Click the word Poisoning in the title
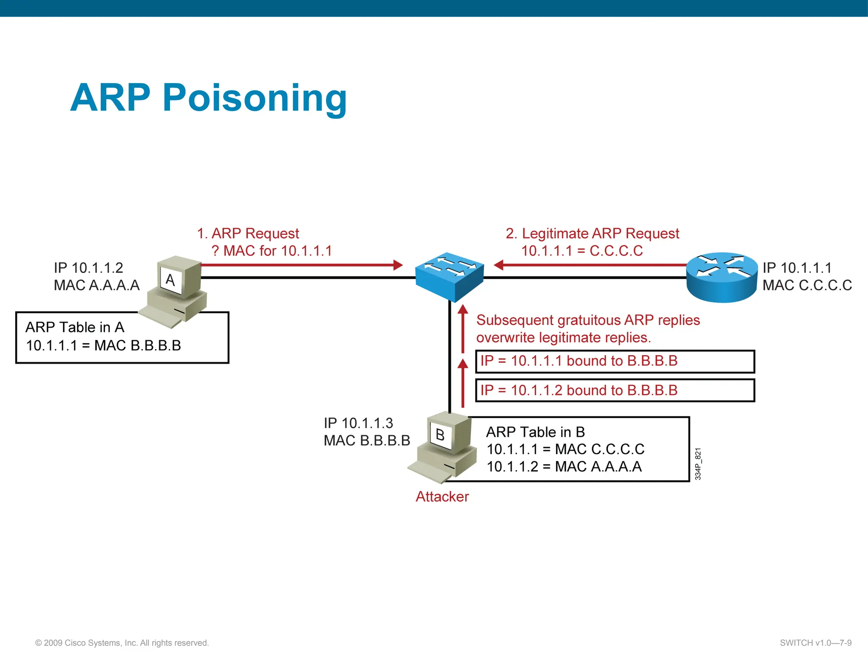(x=254, y=98)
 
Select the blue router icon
(x=722, y=277)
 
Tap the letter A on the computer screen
(x=170, y=280)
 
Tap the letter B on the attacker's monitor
(x=440, y=435)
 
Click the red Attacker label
(x=442, y=496)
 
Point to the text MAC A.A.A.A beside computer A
(x=97, y=285)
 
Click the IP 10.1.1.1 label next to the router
(x=797, y=268)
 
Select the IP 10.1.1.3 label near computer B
(x=358, y=423)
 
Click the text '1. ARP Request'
(x=248, y=234)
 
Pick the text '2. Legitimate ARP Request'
(x=592, y=234)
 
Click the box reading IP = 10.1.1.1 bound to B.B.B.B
(x=615, y=361)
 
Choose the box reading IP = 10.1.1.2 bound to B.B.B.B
(x=615, y=390)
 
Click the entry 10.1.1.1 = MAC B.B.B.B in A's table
(x=103, y=345)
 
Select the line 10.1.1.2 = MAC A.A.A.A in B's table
(x=564, y=467)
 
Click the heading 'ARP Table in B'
(x=535, y=432)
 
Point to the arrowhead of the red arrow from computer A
(x=398, y=265)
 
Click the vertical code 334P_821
(x=698, y=464)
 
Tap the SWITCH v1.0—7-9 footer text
(x=815, y=643)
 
